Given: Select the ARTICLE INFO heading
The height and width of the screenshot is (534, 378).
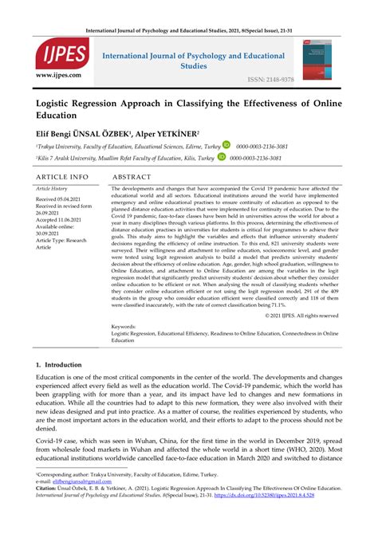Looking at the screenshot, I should (62, 176).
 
